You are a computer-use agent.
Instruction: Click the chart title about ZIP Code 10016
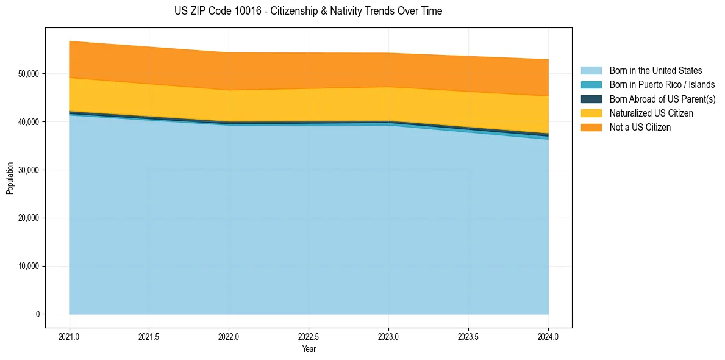tap(308, 11)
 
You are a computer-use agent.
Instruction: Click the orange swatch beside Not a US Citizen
tap(591, 128)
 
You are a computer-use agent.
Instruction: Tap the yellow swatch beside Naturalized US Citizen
tap(591, 113)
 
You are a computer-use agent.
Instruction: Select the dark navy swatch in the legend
tap(591, 99)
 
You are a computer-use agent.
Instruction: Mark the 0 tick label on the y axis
tap(37, 314)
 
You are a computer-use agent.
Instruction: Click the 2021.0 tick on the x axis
tap(69, 336)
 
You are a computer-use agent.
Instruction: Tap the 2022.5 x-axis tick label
tap(309, 336)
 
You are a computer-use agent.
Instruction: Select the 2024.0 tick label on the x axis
tap(548, 336)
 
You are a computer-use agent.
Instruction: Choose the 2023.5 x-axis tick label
tap(468, 336)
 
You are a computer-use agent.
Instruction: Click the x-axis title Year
tap(309, 349)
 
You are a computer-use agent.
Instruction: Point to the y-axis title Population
tap(10, 178)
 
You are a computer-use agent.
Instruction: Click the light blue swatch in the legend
tap(591, 71)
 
